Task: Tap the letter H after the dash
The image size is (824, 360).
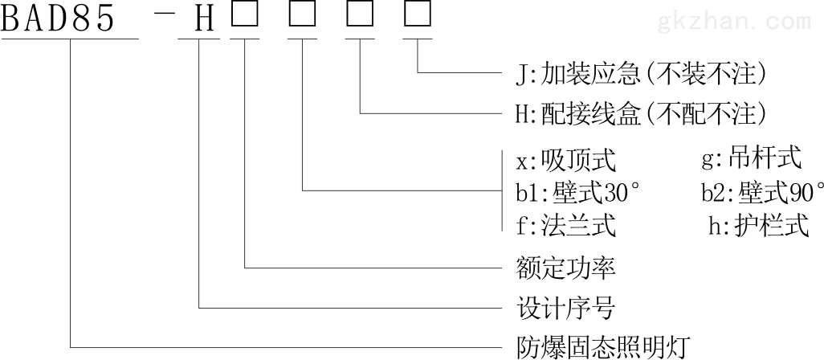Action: click(x=205, y=19)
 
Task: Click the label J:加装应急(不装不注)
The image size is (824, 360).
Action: click(x=641, y=74)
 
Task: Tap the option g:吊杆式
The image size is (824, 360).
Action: click(x=752, y=158)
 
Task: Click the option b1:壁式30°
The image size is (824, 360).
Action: click(x=579, y=194)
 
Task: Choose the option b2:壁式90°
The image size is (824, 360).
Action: click(x=763, y=194)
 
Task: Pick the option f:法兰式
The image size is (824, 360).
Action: click(x=566, y=227)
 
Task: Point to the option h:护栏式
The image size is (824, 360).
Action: click(x=759, y=227)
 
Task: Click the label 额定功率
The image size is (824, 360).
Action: click(x=566, y=268)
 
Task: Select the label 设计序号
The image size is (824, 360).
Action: click(x=566, y=308)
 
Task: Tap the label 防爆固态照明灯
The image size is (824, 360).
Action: click(x=603, y=347)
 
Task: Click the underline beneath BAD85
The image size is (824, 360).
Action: click(x=69, y=39)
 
